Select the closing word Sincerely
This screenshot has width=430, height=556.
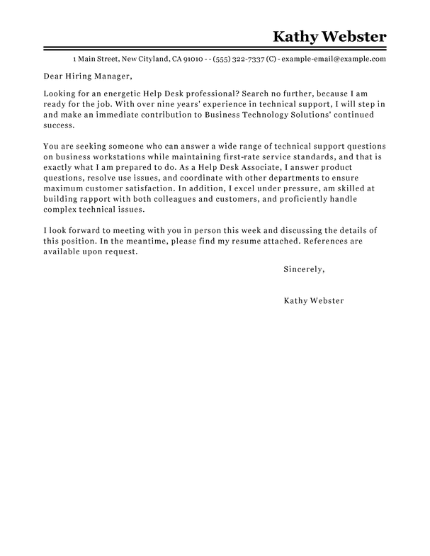(303, 249)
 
